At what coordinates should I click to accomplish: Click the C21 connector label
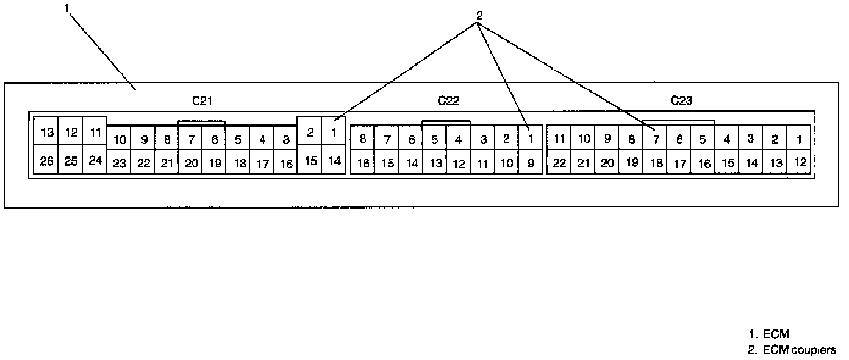pos(201,101)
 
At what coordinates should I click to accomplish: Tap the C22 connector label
pos(448,101)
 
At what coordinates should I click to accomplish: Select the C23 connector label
pos(681,101)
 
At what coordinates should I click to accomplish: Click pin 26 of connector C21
pos(46,162)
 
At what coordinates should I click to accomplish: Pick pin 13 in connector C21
pos(46,132)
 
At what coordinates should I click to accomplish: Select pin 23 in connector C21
pos(120,164)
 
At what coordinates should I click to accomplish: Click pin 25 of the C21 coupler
pos(71,162)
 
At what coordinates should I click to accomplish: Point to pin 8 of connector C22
pos(362,139)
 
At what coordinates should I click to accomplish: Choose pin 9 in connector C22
pos(531,164)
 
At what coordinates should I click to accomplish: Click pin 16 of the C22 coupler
pos(362,164)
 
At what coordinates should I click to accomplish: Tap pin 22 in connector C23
pos(559,164)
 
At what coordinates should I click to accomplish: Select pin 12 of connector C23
pos(800,162)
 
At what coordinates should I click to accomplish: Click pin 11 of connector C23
pos(559,139)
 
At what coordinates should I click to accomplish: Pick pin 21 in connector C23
pos(584,164)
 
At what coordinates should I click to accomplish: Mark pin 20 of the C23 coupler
pos(607,164)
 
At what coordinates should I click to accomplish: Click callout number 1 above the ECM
pos(66,7)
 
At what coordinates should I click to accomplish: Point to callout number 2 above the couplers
pos(479,16)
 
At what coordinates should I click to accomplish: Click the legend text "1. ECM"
pos(768,334)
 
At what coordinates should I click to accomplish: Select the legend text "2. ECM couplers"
pos(792,349)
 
